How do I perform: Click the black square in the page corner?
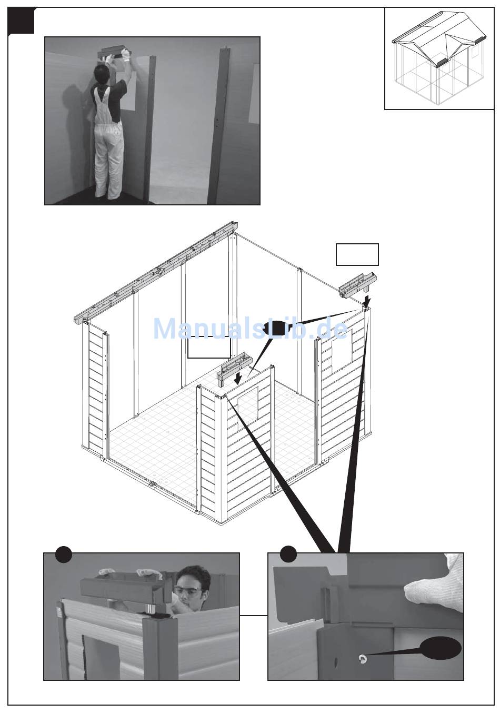[x=21, y=21]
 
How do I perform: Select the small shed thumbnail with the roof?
[x=439, y=59]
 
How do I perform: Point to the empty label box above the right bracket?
[x=357, y=254]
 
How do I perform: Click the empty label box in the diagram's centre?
[x=209, y=347]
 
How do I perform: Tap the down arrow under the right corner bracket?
[x=367, y=300]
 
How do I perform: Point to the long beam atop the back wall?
[x=156, y=270]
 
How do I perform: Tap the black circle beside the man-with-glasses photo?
[x=64, y=554]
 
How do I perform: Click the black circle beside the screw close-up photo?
[x=288, y=554]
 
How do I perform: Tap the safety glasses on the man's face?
[x=188, y=592]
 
